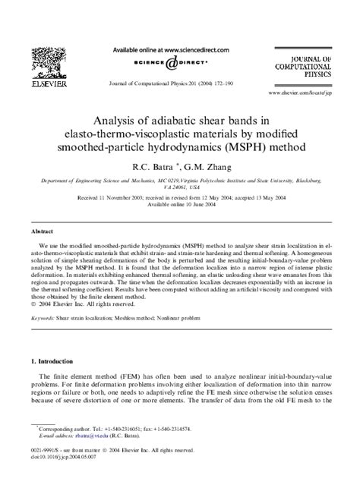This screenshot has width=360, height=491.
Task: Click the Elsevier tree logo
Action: pyautogui.click(x=50, y=60)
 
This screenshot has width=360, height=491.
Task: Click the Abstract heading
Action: pyautogui.click(x=42, y=228)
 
